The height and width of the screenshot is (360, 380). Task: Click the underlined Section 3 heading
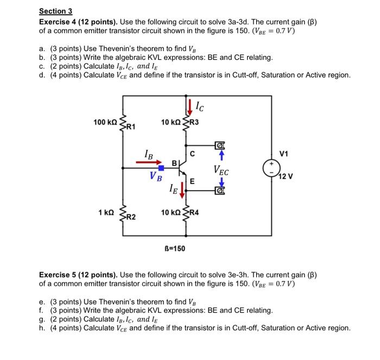(55, 11)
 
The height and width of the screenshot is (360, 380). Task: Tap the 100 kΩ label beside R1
(104, 122)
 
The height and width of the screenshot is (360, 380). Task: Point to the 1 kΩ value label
(106, 212)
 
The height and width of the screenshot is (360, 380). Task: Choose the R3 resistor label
(194, 122)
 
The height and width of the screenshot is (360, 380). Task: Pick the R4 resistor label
(194, 212)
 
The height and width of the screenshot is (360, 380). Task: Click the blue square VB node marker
(162, 168)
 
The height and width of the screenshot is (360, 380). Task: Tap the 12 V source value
(285, 177)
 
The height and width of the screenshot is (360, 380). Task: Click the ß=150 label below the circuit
(174, 248)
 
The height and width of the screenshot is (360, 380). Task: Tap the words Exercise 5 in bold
(60, 274)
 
